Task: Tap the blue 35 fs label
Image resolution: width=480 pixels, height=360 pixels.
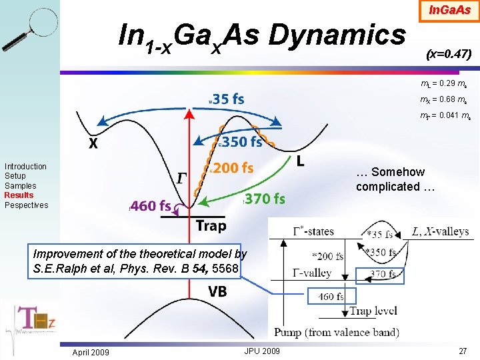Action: point(228,99)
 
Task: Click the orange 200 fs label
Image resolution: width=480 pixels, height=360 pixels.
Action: point(233,168)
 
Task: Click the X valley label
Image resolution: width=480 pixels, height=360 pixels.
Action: point(94,144)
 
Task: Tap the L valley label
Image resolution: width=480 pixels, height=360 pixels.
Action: point(300,161)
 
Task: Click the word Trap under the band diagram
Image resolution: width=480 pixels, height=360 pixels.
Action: point(211,226)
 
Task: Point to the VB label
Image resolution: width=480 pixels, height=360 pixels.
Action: point(217,291)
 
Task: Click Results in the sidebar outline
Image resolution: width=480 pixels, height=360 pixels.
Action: point(19,195)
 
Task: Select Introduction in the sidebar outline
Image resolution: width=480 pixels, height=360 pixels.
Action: point(25,166)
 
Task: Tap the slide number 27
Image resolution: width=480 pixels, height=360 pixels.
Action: point(463,351)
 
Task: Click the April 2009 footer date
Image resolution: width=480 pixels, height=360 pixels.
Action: point(91,352)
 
